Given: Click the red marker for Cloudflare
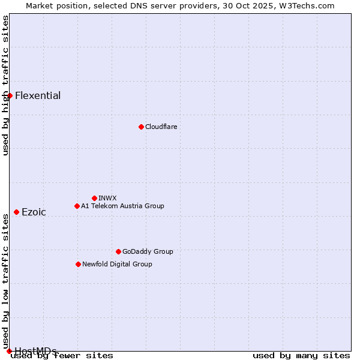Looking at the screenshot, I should [141, 127].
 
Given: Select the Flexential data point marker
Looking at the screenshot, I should [10, 95].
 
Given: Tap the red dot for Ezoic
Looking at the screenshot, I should [16, 212].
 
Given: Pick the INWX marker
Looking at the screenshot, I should [94, 198].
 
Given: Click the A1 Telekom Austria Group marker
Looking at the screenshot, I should [77, 206].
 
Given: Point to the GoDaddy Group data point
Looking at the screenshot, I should [118, 251].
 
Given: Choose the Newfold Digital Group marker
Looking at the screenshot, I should [78, 264].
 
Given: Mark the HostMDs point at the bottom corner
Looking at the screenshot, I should [9, 351].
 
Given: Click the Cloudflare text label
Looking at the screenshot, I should [161, 127].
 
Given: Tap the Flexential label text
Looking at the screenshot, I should [38, 95].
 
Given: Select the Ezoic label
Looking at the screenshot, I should [34, 212].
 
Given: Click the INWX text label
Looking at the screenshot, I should [107, 198].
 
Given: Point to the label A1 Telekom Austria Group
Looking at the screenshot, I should [122, 206].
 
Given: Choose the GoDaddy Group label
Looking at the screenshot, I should [148, 251].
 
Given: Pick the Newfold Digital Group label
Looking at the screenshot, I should [117, 264].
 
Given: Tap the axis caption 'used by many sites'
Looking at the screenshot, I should [301, 356].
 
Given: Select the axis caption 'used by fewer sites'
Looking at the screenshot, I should [62, 356].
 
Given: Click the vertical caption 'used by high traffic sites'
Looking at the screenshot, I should [6, 85].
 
